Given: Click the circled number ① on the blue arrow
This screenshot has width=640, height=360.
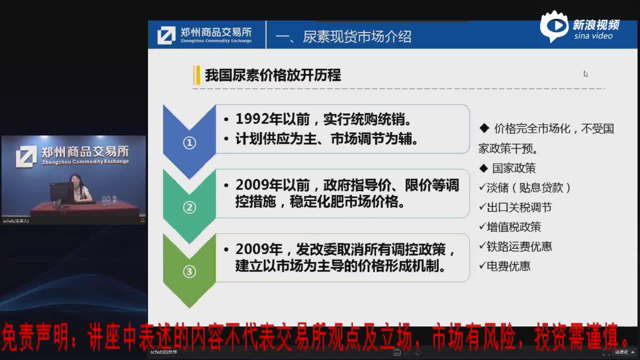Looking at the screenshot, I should [x=189, y=143].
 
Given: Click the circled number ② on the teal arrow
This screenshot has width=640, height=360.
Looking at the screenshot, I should [x=189, y=207].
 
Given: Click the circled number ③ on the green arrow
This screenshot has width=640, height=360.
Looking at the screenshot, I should [x=189, y=271].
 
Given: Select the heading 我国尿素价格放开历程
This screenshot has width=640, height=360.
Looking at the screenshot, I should [x=272, y=75].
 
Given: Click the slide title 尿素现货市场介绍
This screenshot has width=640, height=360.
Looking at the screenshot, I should [x=356, y=36].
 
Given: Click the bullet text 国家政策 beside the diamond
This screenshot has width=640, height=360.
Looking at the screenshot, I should [x=513, y=168].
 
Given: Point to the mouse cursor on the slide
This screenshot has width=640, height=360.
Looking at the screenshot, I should [x=585, y=73].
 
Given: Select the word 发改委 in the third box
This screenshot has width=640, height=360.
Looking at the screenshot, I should [x=316, y=249].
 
